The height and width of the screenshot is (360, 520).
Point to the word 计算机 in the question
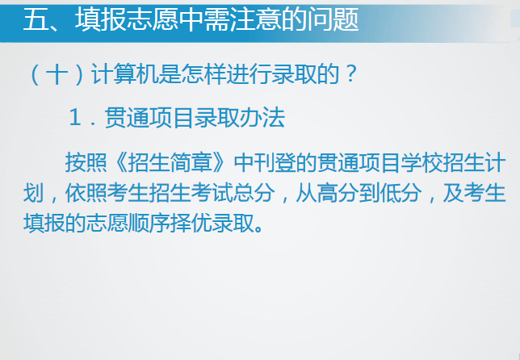[124, 74]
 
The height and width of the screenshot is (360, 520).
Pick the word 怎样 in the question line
[203, 74]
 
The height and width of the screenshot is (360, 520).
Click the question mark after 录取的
[350, 73]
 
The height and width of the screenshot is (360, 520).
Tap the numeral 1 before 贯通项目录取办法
[75, 118]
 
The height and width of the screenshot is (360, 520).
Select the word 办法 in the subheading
[262, 118]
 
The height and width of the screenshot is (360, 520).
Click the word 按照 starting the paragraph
[86, 162]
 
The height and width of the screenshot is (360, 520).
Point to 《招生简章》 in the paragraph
[170, 162]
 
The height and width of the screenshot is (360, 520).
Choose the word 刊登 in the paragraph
[275, 162]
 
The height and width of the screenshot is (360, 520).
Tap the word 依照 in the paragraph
[86, 193]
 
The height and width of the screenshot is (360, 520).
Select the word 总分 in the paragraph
[254, 193]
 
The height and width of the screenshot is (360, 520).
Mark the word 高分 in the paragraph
[338, 193]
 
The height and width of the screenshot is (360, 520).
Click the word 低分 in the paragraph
[401, 193]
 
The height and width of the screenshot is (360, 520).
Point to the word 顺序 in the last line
[149, 223]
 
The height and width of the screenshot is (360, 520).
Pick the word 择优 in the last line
[191, 223]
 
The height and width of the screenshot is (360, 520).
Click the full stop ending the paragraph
[259, 229]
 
